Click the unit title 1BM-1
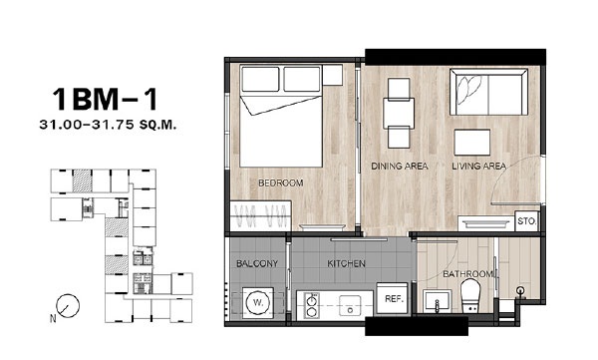(x=105, y=100)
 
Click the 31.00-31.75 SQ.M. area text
(x=108, y=125)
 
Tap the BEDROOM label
(x=281, y=182)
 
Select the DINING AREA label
(x=400, y=167)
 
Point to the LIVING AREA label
(x=479, y=167)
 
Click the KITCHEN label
(x=346, y=263)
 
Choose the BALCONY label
(x=257, y=263)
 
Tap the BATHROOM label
(x=467, y=274)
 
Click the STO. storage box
(x=526, y=221)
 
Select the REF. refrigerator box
(x=394, y=299)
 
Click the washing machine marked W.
(x=258, y=303)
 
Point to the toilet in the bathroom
(x=469, y=295)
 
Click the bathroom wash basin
(x=438, y=301)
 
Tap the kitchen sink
(x=350, y=305)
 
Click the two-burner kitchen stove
(x=312, y=305)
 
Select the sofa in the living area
(x=488, y=92)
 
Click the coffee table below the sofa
(x=472, y=143)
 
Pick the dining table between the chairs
(x=399, y=114)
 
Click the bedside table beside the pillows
(x=333, y=75)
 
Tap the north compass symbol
(x=68, y=306)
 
